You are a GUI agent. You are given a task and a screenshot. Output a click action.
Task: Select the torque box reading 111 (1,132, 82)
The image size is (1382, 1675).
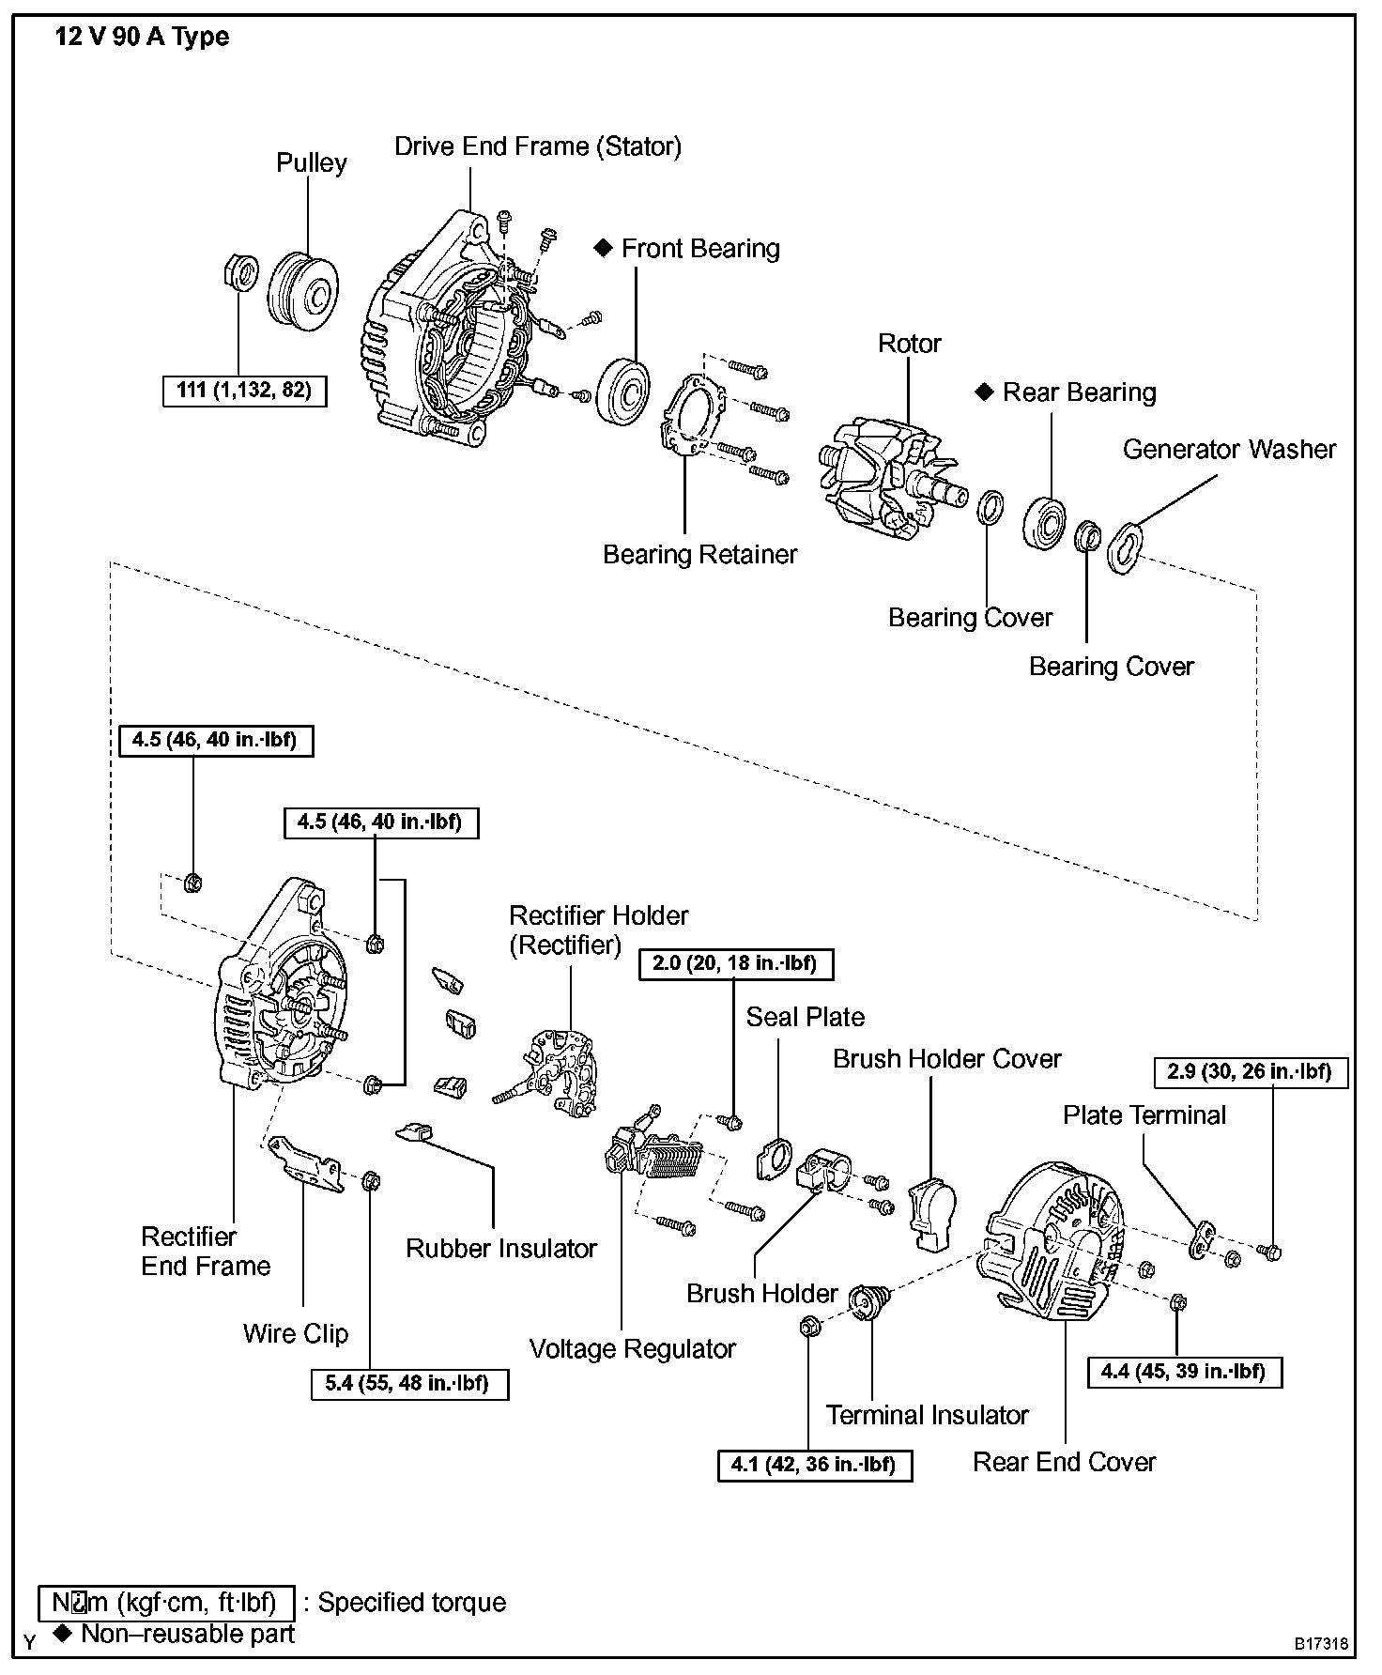click(x=244, y=390)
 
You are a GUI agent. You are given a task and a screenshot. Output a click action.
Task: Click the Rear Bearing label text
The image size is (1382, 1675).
click(x=1079, y=392)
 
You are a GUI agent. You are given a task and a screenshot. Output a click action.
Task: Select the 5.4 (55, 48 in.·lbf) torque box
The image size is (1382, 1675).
click(x=409, y=1384)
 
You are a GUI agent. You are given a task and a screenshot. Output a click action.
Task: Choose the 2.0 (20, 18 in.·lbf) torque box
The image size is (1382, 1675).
click(x=735, y=964)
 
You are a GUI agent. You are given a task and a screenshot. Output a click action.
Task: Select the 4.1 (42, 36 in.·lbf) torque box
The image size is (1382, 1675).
click(x=814, y=1465)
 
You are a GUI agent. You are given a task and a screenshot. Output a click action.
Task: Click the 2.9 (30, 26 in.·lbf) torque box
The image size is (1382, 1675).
click(x=1250, y=1072)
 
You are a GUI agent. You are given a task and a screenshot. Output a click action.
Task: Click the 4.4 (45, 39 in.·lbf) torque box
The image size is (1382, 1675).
click(x=1185, y=1372)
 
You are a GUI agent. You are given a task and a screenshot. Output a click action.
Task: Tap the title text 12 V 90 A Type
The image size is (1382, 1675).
click(x=141, y=38)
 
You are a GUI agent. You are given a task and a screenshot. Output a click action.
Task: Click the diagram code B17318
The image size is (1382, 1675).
click(x=1321, y=1644)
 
